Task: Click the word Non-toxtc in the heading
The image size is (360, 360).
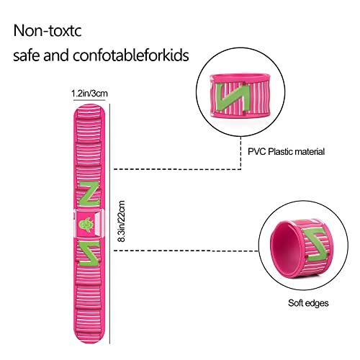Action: pos(48,30)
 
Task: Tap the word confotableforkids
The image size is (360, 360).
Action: pos(131,55)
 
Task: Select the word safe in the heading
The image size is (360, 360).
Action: pos(27,55)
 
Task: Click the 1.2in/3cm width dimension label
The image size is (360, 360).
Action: pos(89,93)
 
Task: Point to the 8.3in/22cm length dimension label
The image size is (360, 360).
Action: pos(122,221)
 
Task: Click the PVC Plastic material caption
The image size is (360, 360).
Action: pos(286,152)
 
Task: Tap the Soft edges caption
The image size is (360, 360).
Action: pos(308,303)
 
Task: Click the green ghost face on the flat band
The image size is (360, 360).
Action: pos(86,225)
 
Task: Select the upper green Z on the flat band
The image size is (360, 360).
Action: pos(89,194)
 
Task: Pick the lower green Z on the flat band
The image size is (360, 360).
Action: pos(89,253)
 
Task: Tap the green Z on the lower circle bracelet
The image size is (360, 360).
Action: pos(316,245)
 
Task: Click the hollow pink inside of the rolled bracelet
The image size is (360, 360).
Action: pos(286,248)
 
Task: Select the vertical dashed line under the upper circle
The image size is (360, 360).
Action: pos(240,153)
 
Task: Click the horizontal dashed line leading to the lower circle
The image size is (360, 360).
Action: pos(186,251)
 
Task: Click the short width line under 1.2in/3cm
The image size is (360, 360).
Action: pos(89,99)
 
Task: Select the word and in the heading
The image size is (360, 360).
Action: pos(56,55)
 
